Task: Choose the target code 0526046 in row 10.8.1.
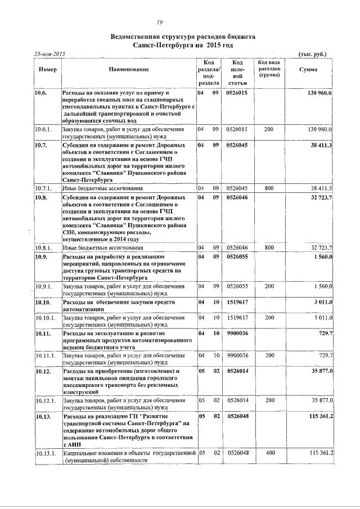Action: (x=237, y=247)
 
